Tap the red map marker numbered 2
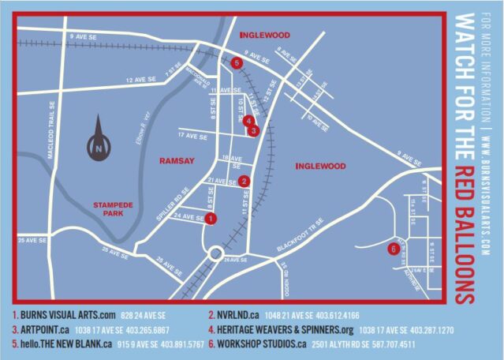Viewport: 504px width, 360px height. [245, 181]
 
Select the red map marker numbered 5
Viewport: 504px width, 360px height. [237, 63]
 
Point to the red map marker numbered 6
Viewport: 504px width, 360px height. [393, 250]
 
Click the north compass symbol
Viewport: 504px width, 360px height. [98, 142]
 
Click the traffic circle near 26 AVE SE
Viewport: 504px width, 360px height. [215, 254]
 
